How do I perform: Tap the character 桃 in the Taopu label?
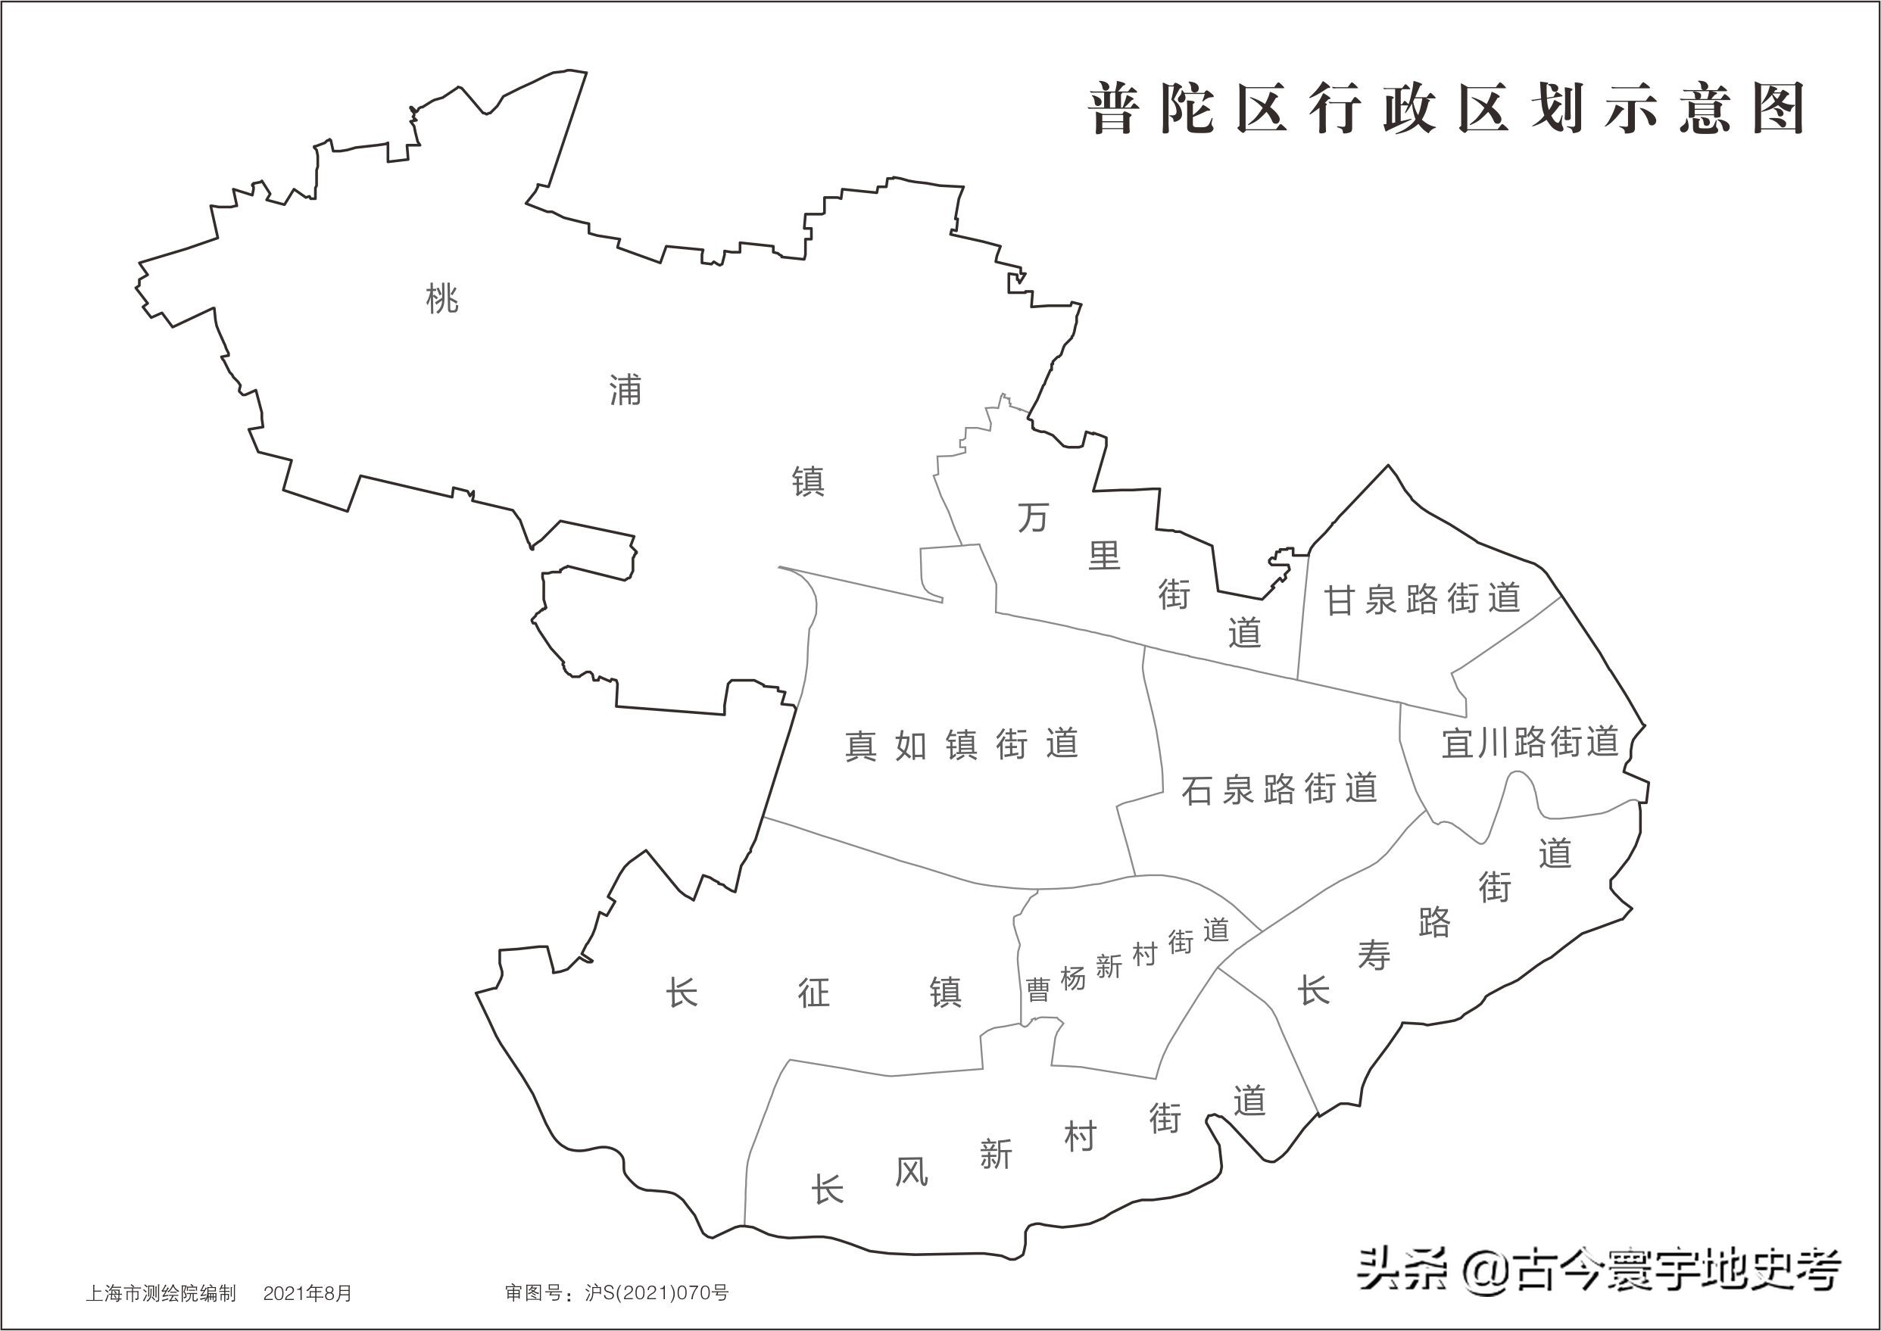click(442, 298)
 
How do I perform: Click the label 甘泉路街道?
click(1422, 599)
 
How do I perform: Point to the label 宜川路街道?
click(1530, 743)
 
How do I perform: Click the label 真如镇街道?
click(962, 745)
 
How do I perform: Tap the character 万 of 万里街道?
click(1033, 518)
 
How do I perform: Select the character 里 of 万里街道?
click(1103, 556)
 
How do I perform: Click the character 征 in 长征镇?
click(814, 993)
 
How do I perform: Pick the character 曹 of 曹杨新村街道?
click(1037, 990)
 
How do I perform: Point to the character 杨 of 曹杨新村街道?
click(1073, 977)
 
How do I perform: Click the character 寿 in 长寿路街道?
click(1374, 955)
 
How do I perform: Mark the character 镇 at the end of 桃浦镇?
click(808, 481)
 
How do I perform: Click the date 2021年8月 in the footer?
click(307, 1293)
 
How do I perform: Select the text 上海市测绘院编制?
click(161, 1293)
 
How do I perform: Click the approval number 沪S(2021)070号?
click(657, 1293)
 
